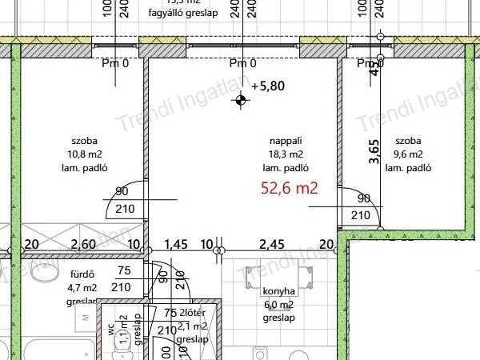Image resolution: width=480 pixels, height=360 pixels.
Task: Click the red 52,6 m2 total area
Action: (x=290, y=189)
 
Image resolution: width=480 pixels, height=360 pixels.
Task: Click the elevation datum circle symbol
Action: (x=238, y=101)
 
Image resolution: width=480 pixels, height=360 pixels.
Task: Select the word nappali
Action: (x=286, y=140)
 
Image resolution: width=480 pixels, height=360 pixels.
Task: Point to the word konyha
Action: (x=278, y=292)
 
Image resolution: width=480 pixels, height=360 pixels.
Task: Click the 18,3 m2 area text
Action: (x=286, y=154)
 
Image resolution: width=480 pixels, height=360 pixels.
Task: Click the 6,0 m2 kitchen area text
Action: (x=278, y=305)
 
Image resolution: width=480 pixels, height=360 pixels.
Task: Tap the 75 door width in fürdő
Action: (x=123, y=271)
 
